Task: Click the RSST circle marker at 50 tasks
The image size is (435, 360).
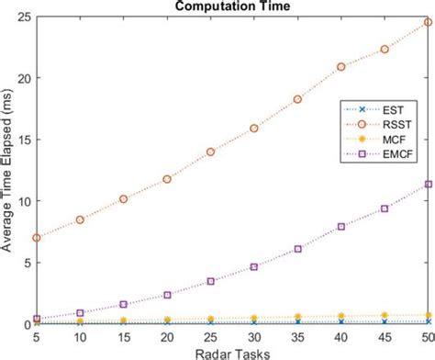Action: [x=428, y=22]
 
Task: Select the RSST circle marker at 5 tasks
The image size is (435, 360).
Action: [x=36, y=238]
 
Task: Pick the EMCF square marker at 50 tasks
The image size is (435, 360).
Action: [x=428, y=184]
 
